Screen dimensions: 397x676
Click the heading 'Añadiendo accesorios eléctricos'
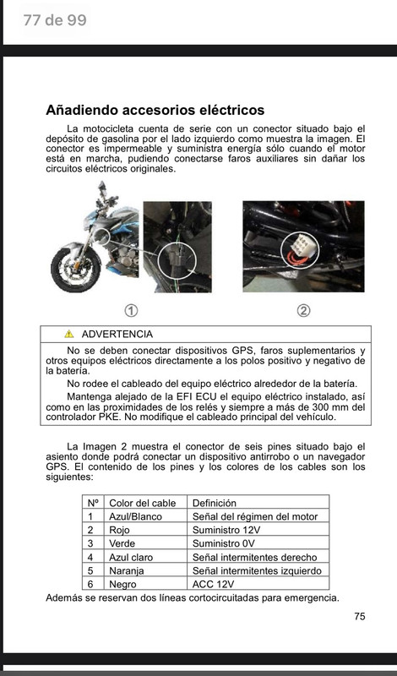(x=155, y=111)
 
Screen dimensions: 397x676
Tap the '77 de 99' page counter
(x=55, y=19)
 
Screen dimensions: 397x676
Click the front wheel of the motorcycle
(x=75, y=270)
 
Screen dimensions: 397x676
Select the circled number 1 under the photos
(x=131, y=310)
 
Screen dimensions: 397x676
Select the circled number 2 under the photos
(x=304, y=310)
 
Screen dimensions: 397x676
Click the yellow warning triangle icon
(x=69, y=334)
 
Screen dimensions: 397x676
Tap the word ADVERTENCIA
(x=117, y=334)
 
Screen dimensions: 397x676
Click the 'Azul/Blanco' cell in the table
(x=135, y=516)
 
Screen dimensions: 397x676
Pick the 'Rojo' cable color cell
(x=119, y=531)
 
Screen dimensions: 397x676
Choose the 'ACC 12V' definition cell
(x=213, y=584)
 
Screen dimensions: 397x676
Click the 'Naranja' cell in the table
(x=127, y=571)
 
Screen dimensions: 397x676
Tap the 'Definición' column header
(x=215, y=503)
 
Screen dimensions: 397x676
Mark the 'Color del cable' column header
(x=143, y=503)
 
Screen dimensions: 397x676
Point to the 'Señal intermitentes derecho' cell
(x=254, y=558)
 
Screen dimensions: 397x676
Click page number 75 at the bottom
(x=360, y=617)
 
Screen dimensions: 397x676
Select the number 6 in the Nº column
(x=90, y=584)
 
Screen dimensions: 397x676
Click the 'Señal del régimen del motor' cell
(x=255, y=516)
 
